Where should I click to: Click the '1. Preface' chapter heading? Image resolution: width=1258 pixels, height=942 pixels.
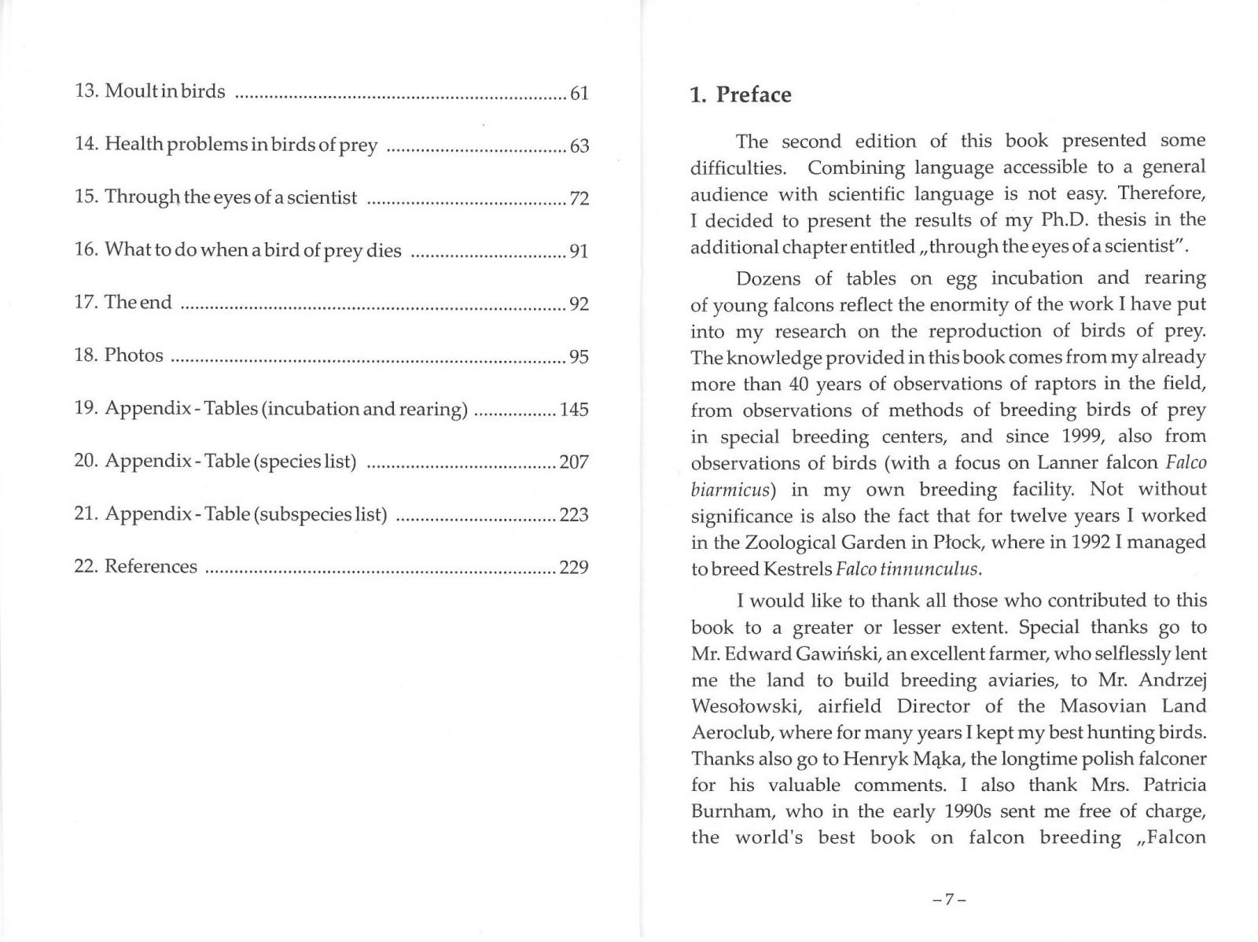(x=740, y=95)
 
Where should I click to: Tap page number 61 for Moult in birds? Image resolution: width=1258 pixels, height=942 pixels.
(x=579, y=94)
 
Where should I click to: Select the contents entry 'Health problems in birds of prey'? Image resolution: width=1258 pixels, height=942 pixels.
(x=241, y=145)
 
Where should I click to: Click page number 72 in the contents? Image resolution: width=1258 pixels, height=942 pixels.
(x=579, y=198)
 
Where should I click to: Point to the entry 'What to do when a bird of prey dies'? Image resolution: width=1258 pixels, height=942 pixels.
(x=252, y=251)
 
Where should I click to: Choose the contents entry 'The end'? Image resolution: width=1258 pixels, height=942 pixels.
(x=138, y=303)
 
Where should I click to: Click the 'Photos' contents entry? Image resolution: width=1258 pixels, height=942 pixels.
(x=134, y=355)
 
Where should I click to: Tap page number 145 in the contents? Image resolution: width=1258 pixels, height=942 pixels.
(x=574, y=410)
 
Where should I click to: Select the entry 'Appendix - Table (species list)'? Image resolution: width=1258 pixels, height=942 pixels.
(x=230, y=462)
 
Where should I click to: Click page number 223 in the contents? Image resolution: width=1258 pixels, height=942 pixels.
(x=574, y=515)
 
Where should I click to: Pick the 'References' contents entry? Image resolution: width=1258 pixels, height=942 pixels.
(x=150, y=567)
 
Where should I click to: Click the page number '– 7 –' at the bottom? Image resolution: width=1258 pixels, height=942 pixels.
(x=948, y=899)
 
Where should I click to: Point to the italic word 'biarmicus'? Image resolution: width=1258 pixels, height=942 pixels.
(x=728, y=491)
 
